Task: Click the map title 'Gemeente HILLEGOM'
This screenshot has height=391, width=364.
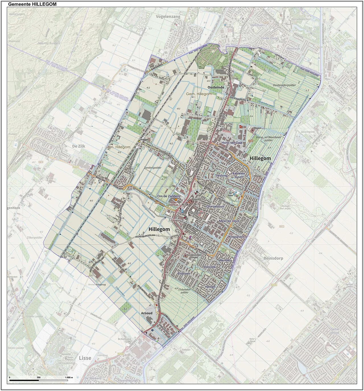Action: [x=32, y=4]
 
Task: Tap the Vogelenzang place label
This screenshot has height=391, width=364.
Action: [x=168, y=17]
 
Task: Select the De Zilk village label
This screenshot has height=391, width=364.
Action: [x=79, y=146]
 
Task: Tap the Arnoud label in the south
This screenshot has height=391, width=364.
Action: [x=147, y=313]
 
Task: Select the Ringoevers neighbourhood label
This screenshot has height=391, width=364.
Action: [x=236, y=237]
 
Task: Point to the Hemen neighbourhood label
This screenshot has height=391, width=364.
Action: [x=210, y=287]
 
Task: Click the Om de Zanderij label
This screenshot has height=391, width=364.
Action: [x=169, y=196]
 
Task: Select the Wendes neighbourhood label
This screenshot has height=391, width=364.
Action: [x=225, y=260]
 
